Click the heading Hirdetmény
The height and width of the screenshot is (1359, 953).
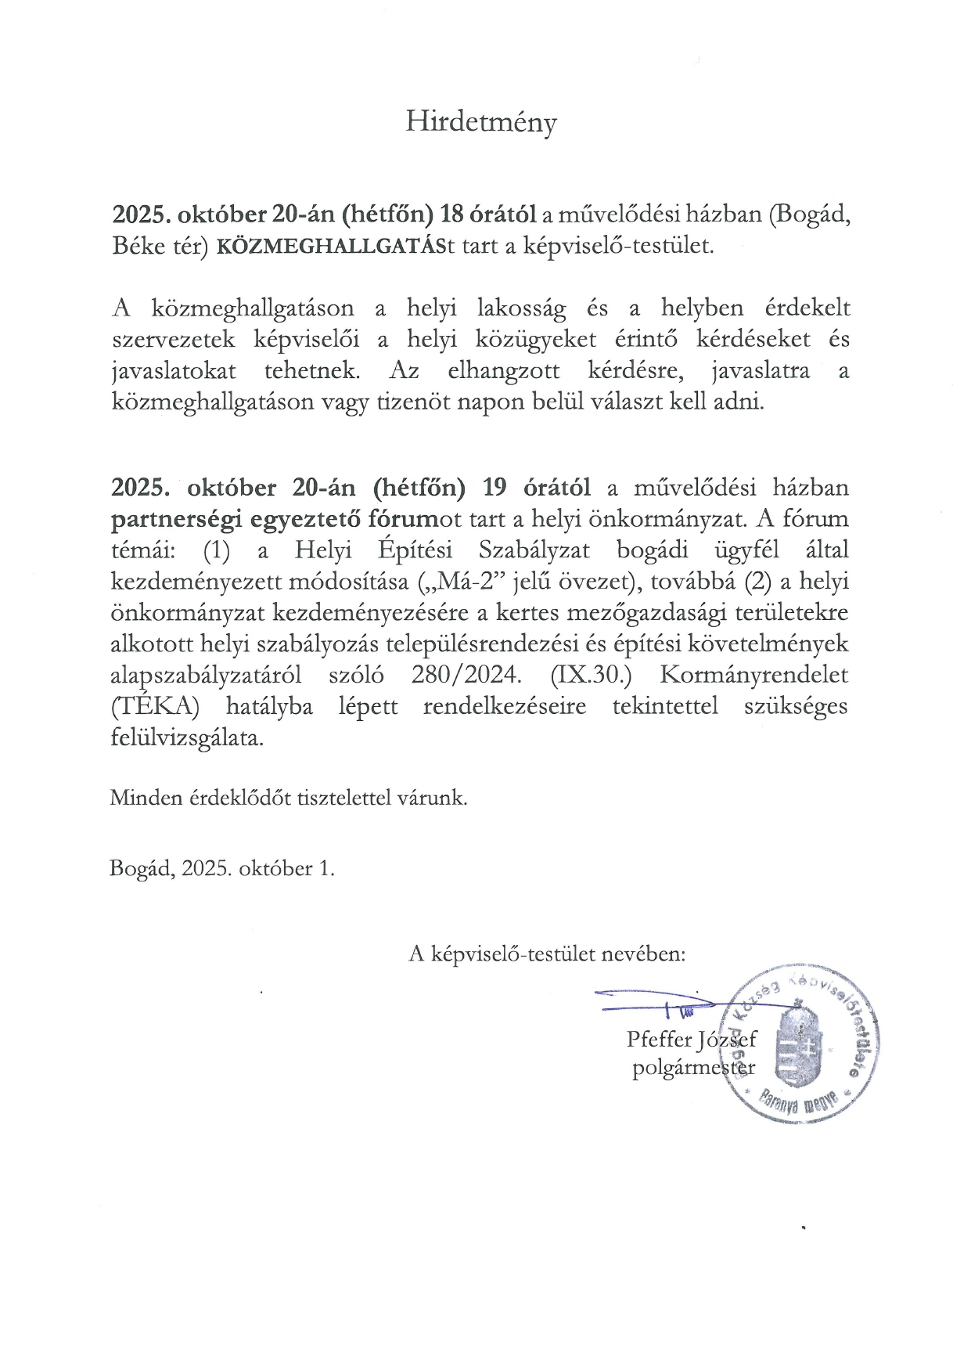coord(480,123)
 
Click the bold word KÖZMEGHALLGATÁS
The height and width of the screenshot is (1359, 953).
coord(329,246)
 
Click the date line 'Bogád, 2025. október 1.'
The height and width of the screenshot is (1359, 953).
coord(222,868)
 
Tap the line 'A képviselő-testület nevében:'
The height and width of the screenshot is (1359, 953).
coord(548,953)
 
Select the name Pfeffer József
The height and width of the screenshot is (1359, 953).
coord(692,1040)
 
